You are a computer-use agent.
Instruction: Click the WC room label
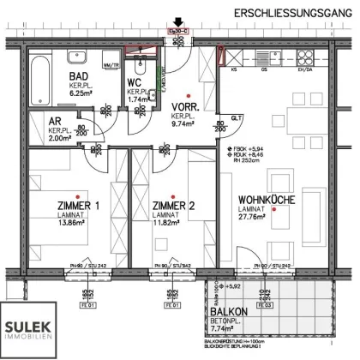point(136,82)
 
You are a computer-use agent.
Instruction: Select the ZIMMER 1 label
point(78,207)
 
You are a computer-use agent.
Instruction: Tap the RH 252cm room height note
point(245,159)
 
